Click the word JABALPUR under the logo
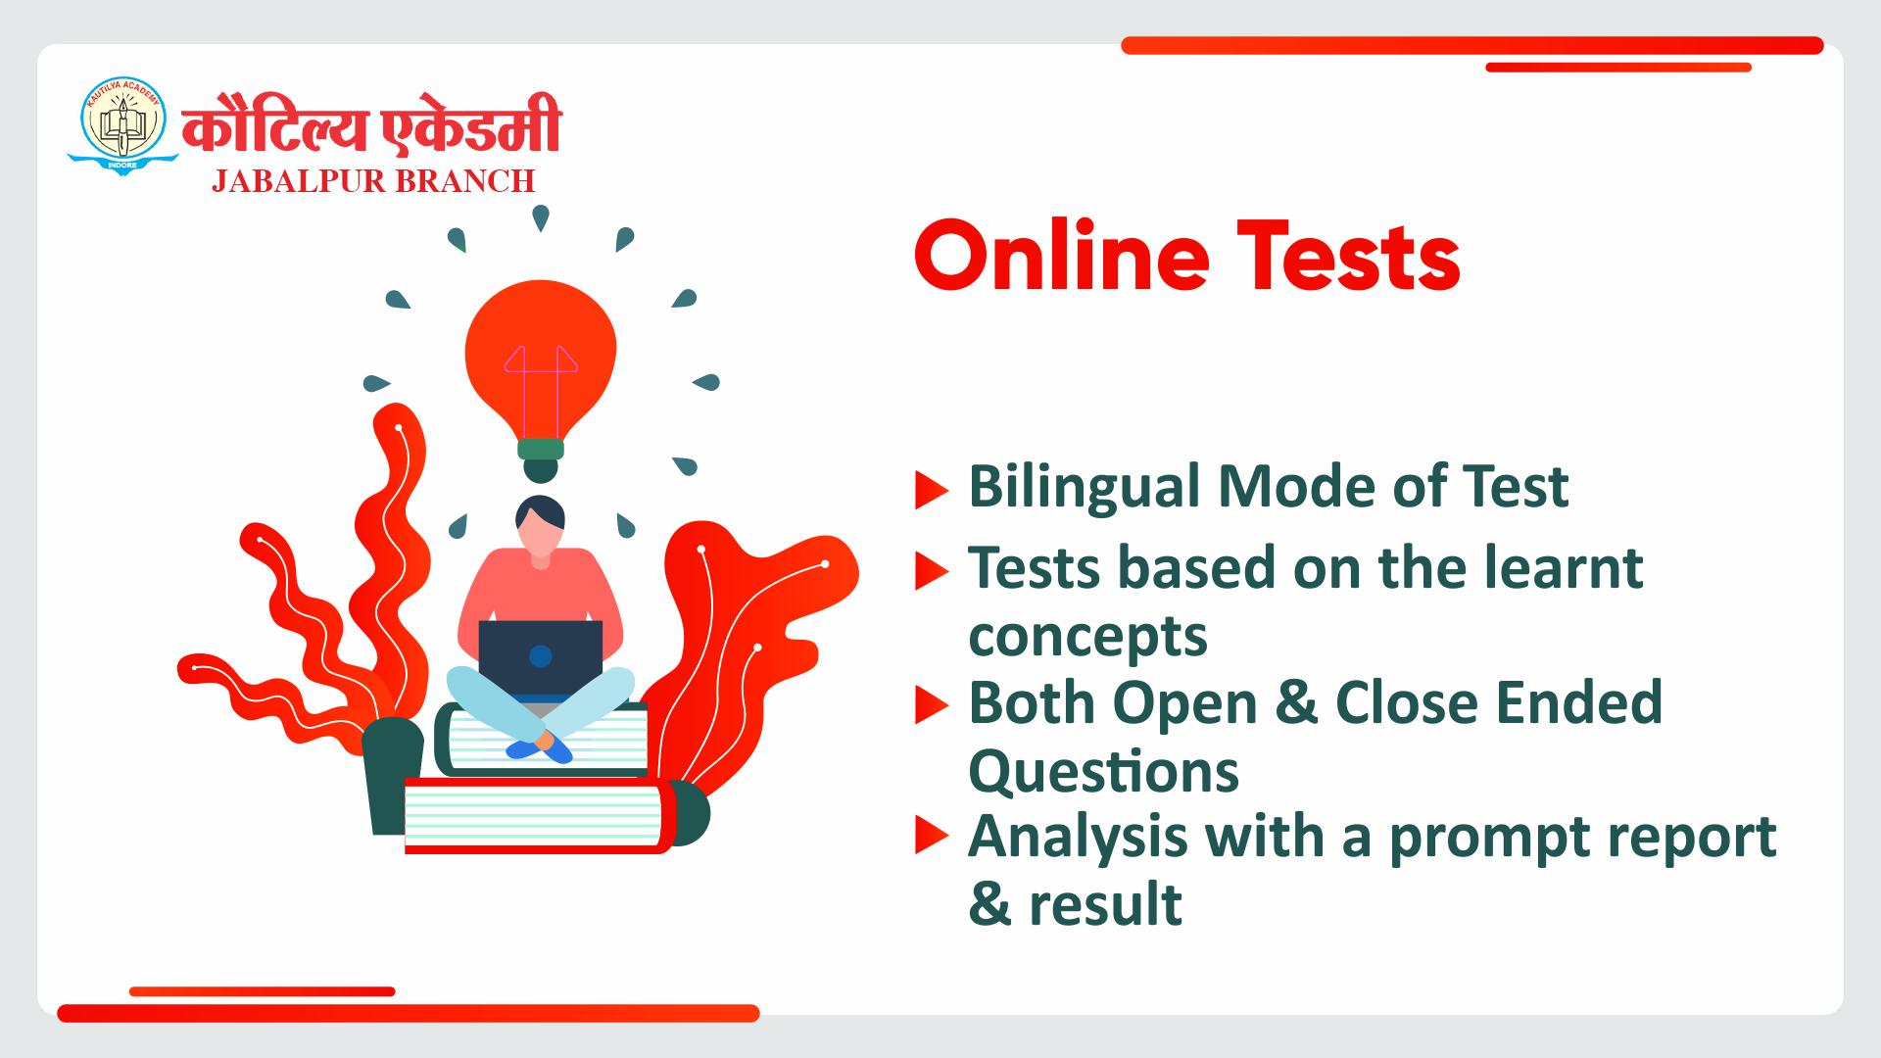point(289,181)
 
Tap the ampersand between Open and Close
point(1281,702)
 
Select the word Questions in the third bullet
point(1104,771)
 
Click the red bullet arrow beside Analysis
point(932,838)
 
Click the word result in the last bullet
point(1105,903)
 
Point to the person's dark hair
point(540,512)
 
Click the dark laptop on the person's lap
point(541,658)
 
